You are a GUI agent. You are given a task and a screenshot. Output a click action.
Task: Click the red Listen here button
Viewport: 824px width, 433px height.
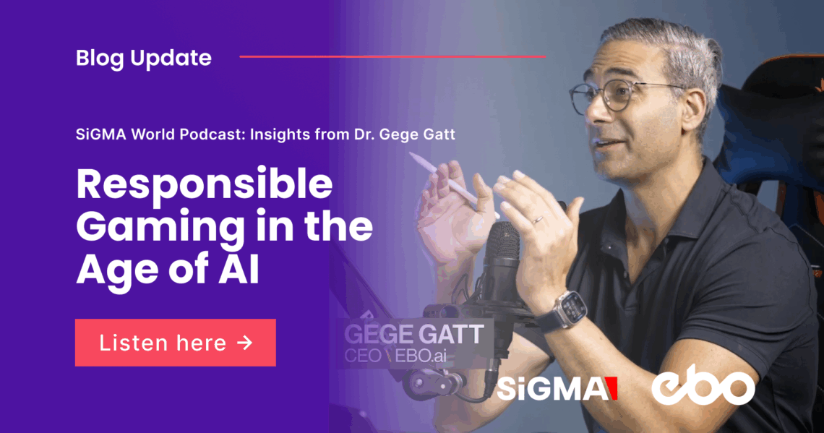pos(176,343)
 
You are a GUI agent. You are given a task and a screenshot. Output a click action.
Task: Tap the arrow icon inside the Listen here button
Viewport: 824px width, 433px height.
pos(245,343)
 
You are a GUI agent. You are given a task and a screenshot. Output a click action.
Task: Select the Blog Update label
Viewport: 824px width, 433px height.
pos(143,59)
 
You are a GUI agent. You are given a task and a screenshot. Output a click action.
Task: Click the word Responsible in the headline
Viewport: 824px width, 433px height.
pos(205,186)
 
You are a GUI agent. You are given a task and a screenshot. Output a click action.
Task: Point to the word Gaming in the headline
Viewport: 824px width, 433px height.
pos(160,228)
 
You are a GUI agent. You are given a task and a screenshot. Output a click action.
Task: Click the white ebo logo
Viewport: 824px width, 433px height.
pos(703,386)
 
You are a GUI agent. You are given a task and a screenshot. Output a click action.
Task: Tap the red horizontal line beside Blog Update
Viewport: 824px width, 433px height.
pos(392,56)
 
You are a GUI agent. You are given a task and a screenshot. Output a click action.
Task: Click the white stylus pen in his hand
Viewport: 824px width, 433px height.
pos(453,184)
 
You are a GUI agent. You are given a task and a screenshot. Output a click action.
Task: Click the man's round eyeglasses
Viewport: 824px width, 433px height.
pos(620,96)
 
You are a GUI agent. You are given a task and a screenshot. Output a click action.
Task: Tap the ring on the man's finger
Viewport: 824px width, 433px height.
pos(537,220)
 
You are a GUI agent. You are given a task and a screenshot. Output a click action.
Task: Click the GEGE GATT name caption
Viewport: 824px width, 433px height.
pos(414,334)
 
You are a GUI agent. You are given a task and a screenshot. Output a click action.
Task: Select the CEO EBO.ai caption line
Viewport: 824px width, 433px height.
pos(395,356)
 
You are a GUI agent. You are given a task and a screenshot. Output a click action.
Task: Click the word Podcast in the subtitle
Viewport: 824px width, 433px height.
pos(214,134)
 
